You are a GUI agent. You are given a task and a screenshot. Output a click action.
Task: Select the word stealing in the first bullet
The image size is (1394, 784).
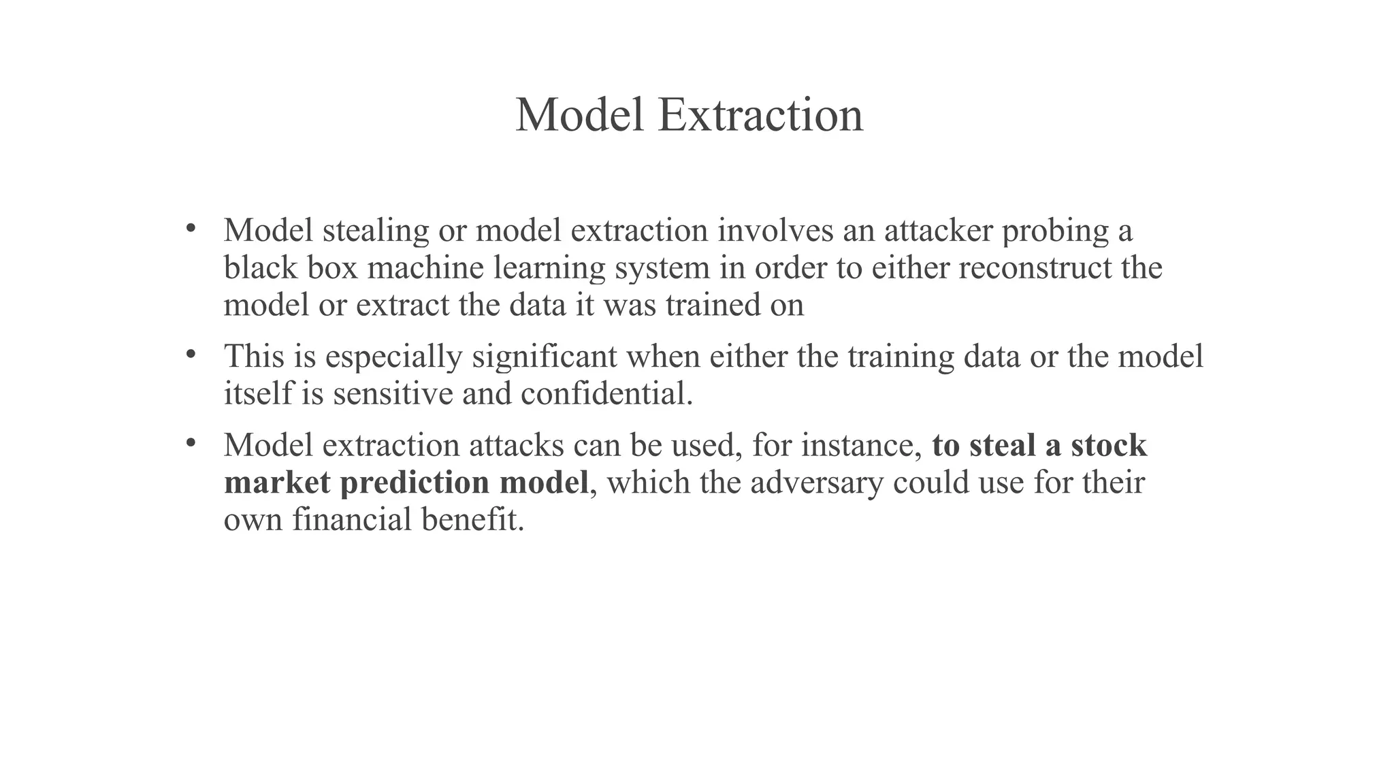point(375,231)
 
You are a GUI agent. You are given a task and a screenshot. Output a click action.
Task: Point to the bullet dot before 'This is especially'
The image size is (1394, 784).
point(191,354)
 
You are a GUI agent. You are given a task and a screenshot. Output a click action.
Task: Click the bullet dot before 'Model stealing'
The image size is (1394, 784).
point(191,228)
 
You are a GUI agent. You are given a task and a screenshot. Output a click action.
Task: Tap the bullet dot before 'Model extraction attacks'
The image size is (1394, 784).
point(191,443)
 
